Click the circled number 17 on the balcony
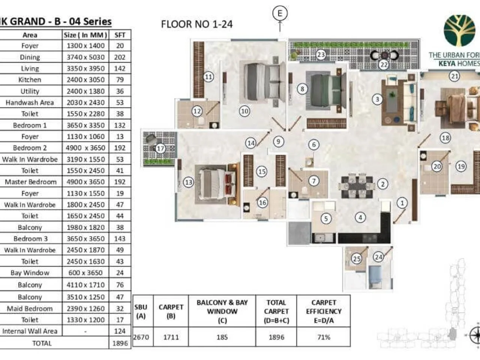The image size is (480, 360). (x=160, y=148)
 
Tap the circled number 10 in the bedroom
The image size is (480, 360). (x=244, y=111)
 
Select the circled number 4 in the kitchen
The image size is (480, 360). (x=360, y=217)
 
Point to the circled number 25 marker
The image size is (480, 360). (x=356, y=258)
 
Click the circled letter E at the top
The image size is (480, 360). (x=280, y=13)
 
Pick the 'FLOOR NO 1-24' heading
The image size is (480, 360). (x=197, y=24)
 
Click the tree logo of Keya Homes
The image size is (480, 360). (x=459, y=31)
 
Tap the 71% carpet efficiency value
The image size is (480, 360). (x=323, y=337)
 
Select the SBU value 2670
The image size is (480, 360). (x=141, y=337)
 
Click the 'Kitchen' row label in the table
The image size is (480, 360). (x=30, y=79)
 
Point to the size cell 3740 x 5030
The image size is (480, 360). (x=85, y=57)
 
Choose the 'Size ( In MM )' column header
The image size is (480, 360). (x=85, y=35)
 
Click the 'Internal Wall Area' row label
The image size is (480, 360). (x=30, y=331)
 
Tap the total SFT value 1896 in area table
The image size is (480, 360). (x=120, y=343)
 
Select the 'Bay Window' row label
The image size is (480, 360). (x=30, y=273)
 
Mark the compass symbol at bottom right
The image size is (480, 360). (x=475, y=334)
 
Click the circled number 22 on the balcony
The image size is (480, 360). (x=384, y=64)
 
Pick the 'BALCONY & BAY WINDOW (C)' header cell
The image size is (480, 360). (x=222, y=311)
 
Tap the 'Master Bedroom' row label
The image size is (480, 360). (x=30, y=182)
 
